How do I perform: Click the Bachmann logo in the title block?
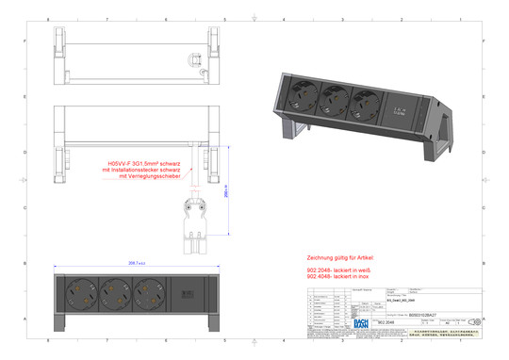362,321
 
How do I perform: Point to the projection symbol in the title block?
473,321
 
